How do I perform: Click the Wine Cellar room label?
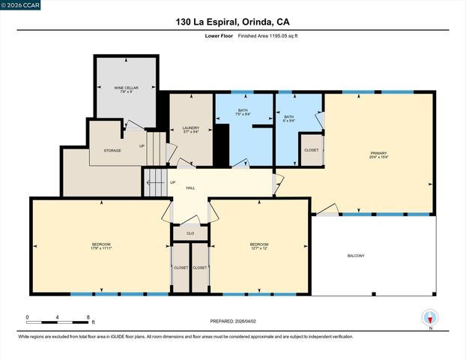point(124,88)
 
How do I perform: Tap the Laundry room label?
point(191,127)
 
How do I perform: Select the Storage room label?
point(112,151)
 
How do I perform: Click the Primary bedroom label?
point(378,153)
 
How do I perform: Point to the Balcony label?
point(355,256)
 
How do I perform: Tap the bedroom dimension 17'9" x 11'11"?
point(101,248)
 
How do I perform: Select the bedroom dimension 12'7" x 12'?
point(259,248)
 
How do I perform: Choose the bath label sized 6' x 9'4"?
point(289,117)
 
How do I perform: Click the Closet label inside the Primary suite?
point(311,150)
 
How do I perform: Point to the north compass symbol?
point(430,318)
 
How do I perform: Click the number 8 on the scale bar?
point(88,317)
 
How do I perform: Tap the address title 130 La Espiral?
point(233,22)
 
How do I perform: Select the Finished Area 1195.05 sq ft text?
point(258,36)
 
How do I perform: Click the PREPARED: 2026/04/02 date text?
point(232,321)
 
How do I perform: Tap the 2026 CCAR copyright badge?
point(20,5)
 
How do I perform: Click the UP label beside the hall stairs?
point(172,182)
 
